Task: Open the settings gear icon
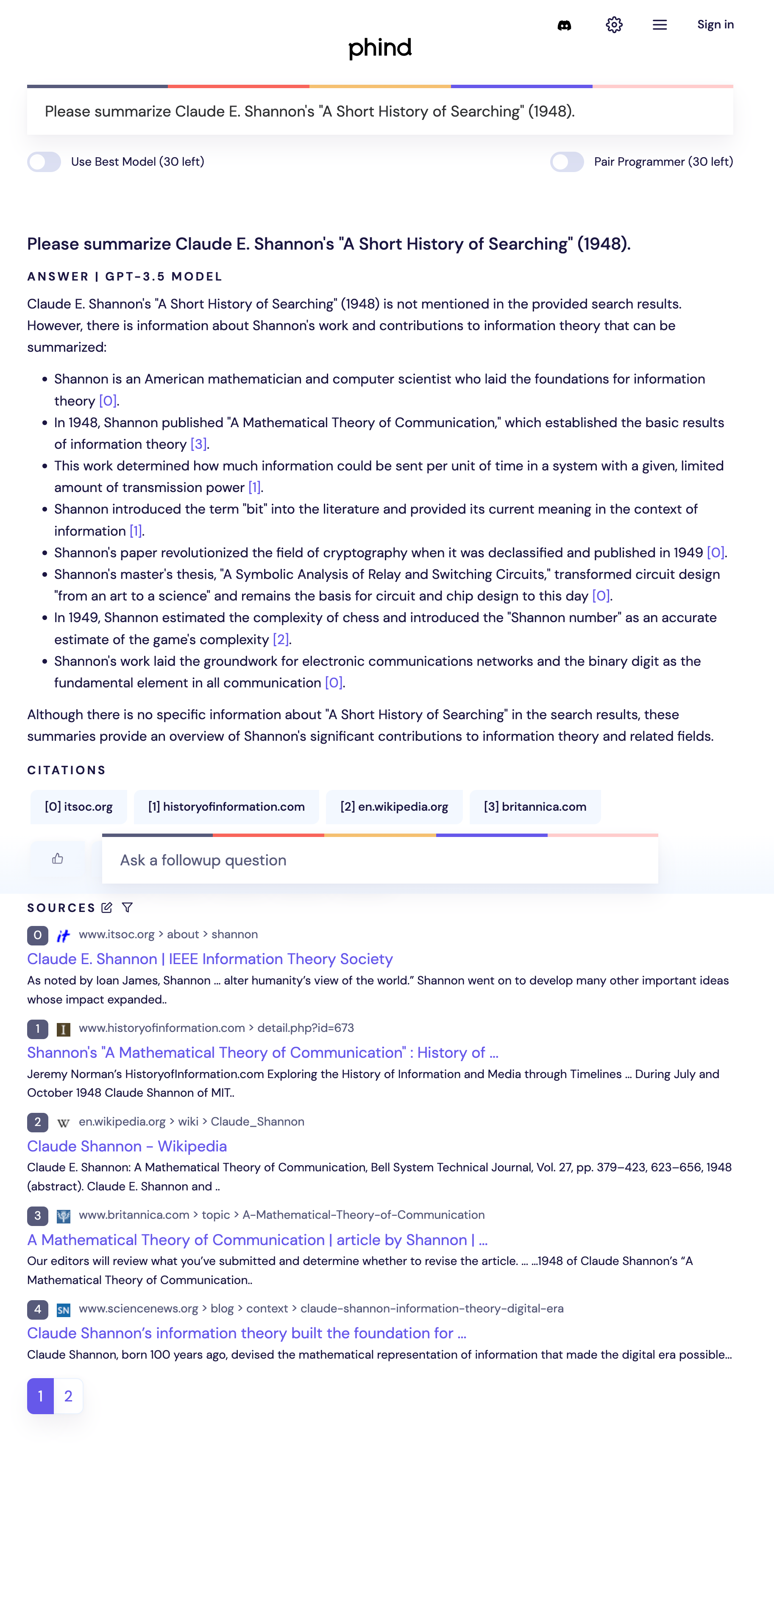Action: tap(614, 25)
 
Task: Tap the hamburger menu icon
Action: tap(659, 25)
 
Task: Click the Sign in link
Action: tap(715, 25)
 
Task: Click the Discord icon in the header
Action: tap(564, 25)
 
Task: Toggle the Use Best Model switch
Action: tap(44, 162)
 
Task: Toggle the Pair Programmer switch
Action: tap(567, 162)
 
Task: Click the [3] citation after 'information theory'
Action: tap(198, 444)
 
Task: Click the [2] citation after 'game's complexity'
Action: tap(280, 639)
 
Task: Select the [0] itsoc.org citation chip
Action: tap(78, 806)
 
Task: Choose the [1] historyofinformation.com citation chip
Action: tap(226, 806)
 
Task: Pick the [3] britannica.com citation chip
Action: tap(535, 806)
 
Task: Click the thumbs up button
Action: tap(58, 859)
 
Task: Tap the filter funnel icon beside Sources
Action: tap(128, 908)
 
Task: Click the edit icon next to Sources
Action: tap(107, 908)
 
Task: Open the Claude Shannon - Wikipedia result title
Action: tap(127, 1146)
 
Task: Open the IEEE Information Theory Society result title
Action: tap(210, 959)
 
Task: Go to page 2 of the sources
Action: tap(69, 1396)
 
